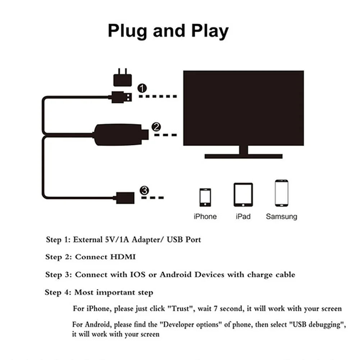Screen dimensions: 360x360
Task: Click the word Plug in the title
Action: click(x=128, y=31)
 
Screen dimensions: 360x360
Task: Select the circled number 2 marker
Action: click(x=156, y=127)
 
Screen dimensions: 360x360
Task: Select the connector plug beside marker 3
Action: click(x=124, y=197)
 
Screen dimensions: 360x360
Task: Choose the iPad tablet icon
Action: click(x=243, y=195)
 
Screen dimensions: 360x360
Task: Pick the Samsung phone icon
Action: click(x=282, y=193)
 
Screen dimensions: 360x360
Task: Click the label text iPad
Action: click(x=243, y=217)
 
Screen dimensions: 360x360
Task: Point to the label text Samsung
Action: click(x=282, y=217)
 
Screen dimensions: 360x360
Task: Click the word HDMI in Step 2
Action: click(x=123, y=257)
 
